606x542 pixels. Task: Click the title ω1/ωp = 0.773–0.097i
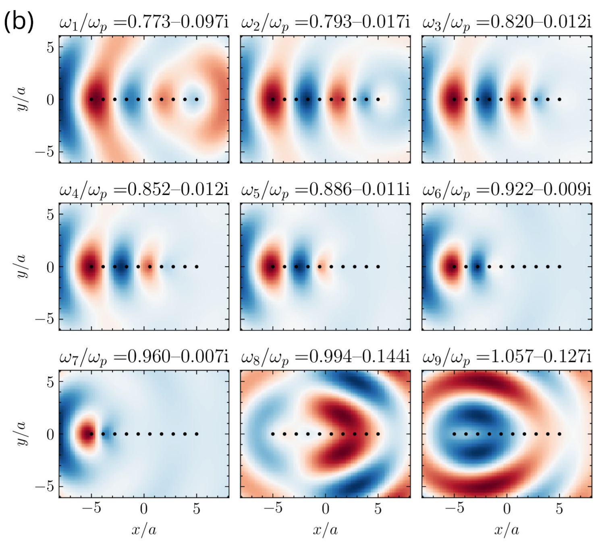coord(144,23)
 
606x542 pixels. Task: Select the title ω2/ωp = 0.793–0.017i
coord(325,23)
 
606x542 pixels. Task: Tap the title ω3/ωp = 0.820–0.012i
coord(506,23)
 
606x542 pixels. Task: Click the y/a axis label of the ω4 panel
coord(22,267)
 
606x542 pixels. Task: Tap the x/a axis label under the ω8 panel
coord(325,530)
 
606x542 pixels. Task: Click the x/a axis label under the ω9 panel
coord(506,530)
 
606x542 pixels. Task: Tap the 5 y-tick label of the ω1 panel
coord(50,47)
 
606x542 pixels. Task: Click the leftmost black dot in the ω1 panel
coord(91,99)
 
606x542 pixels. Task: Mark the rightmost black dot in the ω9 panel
coord(559,434)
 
